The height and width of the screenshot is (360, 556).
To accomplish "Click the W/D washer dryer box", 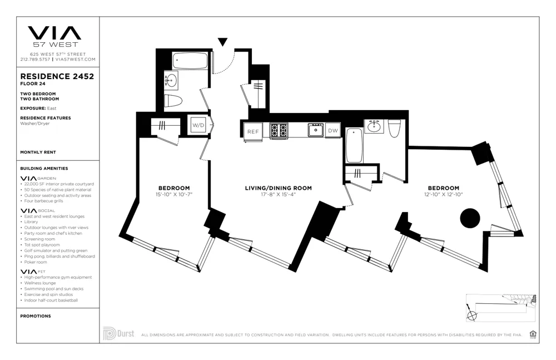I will (198, 126).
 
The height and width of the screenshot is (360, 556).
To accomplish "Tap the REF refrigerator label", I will (254, 131).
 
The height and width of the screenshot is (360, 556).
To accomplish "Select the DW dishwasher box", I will (332, 131).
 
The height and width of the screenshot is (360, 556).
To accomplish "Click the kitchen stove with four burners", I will (279, 130).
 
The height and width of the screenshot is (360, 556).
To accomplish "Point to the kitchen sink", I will (316, 130).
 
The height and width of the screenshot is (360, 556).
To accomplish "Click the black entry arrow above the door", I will (222, 42).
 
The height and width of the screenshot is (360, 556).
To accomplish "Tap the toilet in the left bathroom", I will (173, 101).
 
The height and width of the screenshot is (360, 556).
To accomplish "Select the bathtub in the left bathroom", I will (190, 61).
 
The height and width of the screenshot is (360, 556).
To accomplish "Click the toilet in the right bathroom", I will (394, 128).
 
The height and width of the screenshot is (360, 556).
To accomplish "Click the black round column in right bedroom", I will (470, 218).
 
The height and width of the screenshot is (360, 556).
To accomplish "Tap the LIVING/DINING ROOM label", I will (278, 188).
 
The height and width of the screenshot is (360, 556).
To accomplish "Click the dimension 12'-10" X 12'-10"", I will (443, 194).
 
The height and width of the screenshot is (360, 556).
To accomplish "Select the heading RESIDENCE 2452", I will (57, 77).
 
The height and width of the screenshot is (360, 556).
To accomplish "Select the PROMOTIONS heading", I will (35, 316).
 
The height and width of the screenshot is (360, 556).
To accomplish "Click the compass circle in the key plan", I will (472, 316).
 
